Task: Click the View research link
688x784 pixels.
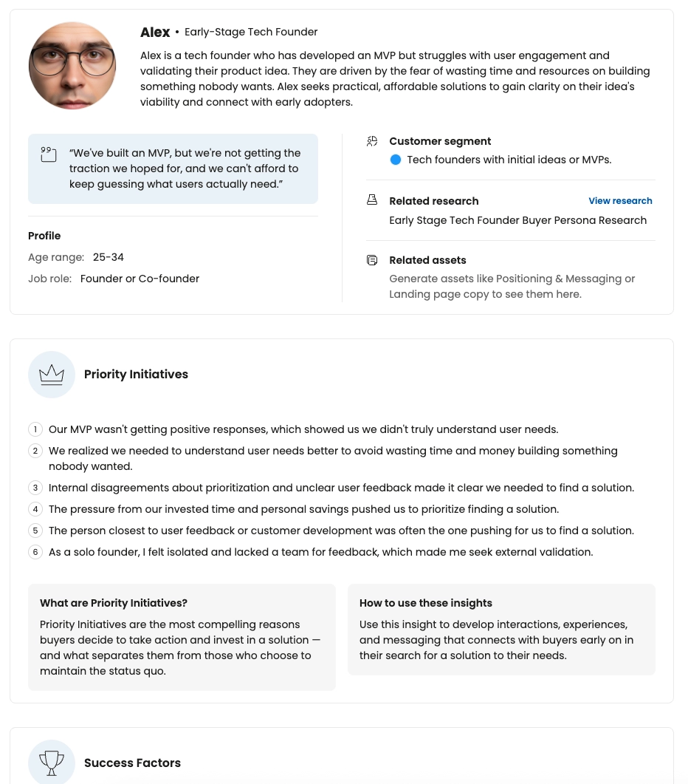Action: [620, 201]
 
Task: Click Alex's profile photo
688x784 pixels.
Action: [72, 66]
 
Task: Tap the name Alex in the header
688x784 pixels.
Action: [155, 33]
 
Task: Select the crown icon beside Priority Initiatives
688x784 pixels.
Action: [52, 375]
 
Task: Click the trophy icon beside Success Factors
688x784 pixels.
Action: [52, 763]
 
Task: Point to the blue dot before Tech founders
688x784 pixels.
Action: [396, 160]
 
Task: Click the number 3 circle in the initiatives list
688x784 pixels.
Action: [35, 488]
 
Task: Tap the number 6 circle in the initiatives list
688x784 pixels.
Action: [35, 552]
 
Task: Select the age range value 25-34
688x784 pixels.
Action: [109, 258]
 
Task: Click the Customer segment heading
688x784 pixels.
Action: [440, 141]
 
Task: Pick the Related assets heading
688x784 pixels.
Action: [427, 260]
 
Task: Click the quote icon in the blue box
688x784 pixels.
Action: [48, 154]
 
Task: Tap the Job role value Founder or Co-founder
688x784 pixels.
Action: [140, 279]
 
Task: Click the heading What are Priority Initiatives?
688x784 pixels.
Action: [114, 603]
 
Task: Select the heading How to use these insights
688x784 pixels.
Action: [426, 603]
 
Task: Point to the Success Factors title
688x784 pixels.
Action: [132, 763]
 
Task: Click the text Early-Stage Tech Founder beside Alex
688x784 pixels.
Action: [251, 33]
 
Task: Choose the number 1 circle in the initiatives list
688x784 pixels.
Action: [35, 429]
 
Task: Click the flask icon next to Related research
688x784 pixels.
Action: [372, 200]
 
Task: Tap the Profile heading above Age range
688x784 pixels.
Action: [44, 236]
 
